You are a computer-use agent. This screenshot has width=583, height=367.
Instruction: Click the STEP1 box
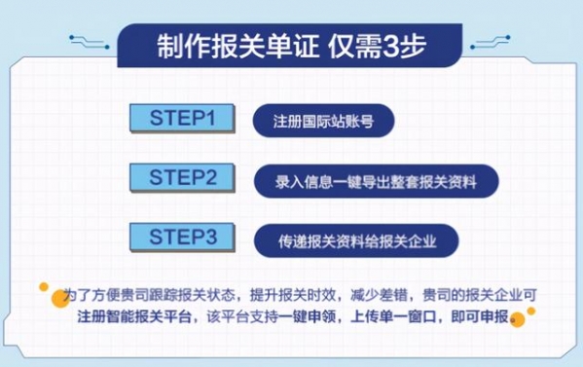pyautogui.click(x=182, y=119)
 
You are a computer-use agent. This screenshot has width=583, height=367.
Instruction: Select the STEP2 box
pyautogui.click(x=184, y=177)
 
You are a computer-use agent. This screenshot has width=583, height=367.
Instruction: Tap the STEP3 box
pyautogui.click(x=184, y=237)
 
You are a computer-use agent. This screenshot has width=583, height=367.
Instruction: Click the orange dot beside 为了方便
pyautogui.click(x=45, y=288)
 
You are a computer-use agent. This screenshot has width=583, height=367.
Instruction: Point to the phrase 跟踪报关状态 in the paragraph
pyautogui.click(x=199, y=294)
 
